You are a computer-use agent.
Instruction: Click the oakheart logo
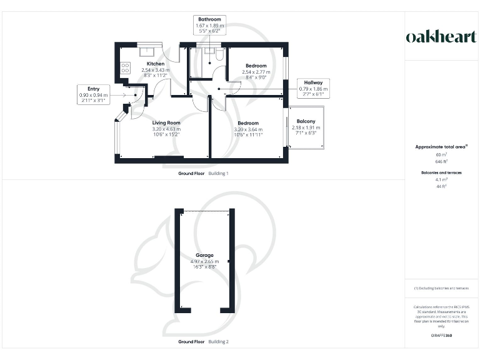[x=441, y=37]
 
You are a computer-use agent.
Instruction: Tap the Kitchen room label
[x=155, y=64]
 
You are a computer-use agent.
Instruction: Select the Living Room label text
[x=166, y=122]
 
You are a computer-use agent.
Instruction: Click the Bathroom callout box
[x=209, y=24]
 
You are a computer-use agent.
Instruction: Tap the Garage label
[x=204, y=255]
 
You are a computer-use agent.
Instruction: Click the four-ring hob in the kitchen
[x=124, y=66]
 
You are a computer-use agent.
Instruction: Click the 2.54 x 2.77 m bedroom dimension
[x=256, y=72]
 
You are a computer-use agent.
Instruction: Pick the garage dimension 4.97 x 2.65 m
[x=204, y=261]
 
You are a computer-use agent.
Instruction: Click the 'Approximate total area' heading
[x=441, y=147]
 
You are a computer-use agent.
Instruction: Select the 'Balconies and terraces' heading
[x=441, y=172]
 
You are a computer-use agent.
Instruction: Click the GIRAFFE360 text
[x=441, y=336]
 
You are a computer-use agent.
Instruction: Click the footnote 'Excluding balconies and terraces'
[x=442, y=288]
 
